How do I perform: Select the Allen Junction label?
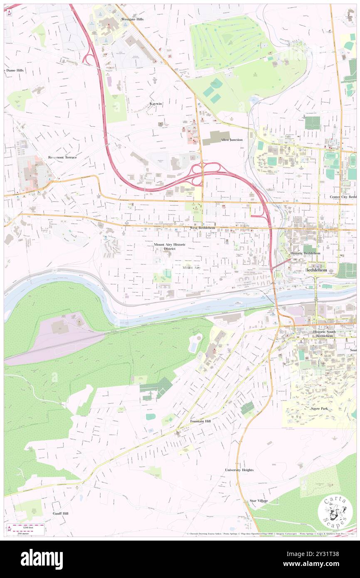[232, 140]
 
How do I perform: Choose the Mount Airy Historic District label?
[170, 247]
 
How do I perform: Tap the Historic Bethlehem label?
[306, 253]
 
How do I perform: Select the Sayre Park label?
[319, 408]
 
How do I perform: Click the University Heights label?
[239, 470]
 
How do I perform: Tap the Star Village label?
[259, 501]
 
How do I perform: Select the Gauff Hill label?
[61, 513]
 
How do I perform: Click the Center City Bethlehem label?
[343, 196]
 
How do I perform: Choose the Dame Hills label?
[14, 70]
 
